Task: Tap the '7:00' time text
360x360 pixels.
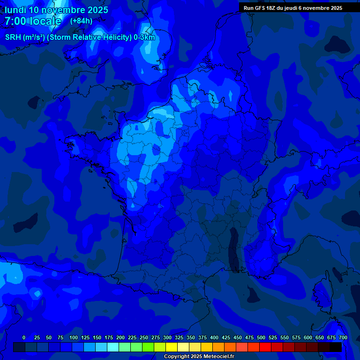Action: pyautogui.click(x=15, y=21)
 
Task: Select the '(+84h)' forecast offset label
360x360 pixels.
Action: pyautogui.click(x=81, y=21)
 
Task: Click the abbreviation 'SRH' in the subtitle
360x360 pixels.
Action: pyautogui.click(x=14, y=37)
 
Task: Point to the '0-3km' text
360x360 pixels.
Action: pyautogui.click(x=144, y=37)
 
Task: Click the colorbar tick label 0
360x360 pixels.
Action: pyautogui.click(x=24, y=337)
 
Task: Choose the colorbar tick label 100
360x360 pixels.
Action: pyautogui.click(x=74, y=337)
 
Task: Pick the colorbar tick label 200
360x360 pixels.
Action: pyautogui.click(x=120, y=337)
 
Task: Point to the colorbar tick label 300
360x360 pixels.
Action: pyautogui.click(x=167, y=337)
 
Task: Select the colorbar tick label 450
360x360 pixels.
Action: pyautogui.click(x=238, y=337)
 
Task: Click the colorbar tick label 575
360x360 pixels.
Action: pyautogui.click(x=296, y=337)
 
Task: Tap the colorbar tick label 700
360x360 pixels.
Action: pyautogui.click(x=343, y=337)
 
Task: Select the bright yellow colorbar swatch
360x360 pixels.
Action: pyautogui.click(x=172, y=347)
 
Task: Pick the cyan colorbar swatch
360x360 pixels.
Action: pyautogui.click(x=113, y=347)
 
